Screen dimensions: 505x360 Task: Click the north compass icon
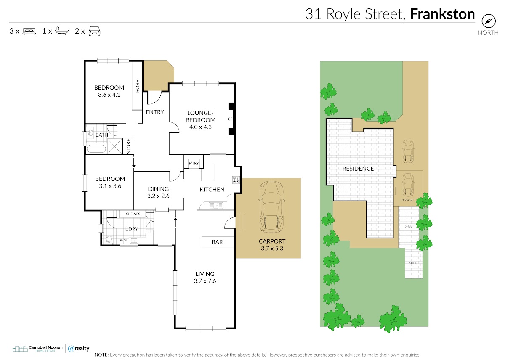[489, 21]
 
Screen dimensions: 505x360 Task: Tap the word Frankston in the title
[442, 14]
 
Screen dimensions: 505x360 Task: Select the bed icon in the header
[29, 31]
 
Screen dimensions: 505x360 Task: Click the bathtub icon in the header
[62, 31]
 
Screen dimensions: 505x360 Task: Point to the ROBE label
[138, 86]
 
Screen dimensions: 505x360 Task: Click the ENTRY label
[155, 112]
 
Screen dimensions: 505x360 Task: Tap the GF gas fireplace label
[230, 119]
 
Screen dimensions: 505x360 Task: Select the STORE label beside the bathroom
[128, 146]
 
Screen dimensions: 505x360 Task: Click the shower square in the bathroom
[114, 146]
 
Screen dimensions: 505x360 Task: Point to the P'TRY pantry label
[194, 163]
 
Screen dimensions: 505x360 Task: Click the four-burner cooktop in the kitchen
[236, 180]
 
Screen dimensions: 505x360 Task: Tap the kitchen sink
[215, 206]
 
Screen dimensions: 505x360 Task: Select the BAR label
[217, 242]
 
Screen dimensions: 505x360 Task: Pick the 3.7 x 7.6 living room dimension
[205, 281]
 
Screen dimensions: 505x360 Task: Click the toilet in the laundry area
[109, 239]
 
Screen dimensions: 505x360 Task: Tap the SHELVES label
[133, 214]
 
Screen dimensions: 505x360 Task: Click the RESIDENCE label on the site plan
[358, 169]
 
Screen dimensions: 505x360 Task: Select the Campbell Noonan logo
[37, 349]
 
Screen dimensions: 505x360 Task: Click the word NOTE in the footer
[101, 355]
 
